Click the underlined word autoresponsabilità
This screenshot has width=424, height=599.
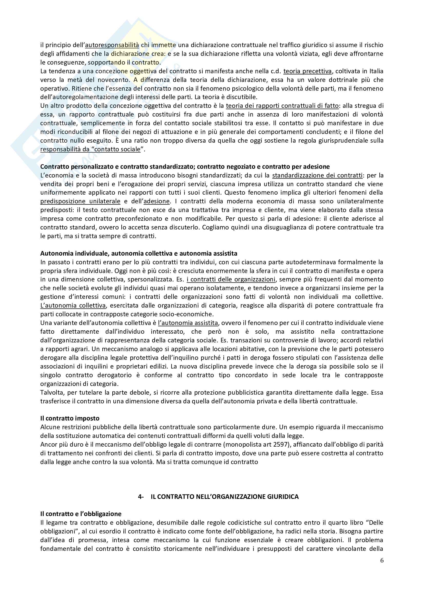(x=112, y=45)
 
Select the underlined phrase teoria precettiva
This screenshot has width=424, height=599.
(x=308, y=71)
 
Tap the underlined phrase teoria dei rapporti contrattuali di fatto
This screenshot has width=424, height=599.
(x=282, y=106)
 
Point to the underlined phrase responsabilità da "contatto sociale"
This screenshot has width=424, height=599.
(x=90, y=149)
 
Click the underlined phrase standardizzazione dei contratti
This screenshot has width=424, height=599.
(x=317, y=175)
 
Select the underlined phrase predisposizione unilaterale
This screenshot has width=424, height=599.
(x=80, y=201)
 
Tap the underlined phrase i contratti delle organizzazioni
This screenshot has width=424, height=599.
(x=231, y=279)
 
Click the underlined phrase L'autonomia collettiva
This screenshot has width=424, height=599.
(x=73, y=305)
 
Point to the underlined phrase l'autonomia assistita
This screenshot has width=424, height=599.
(x=188, y=323)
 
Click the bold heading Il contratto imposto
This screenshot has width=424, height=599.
(x=70, y=418)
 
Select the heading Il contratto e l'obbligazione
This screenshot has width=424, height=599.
(x=81, y=514)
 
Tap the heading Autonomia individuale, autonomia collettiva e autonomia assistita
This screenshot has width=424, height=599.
(x=139, y=253)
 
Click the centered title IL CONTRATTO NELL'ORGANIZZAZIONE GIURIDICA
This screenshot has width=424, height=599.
(x=225, y=497)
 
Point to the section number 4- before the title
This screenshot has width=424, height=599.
(x=141, y=497)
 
